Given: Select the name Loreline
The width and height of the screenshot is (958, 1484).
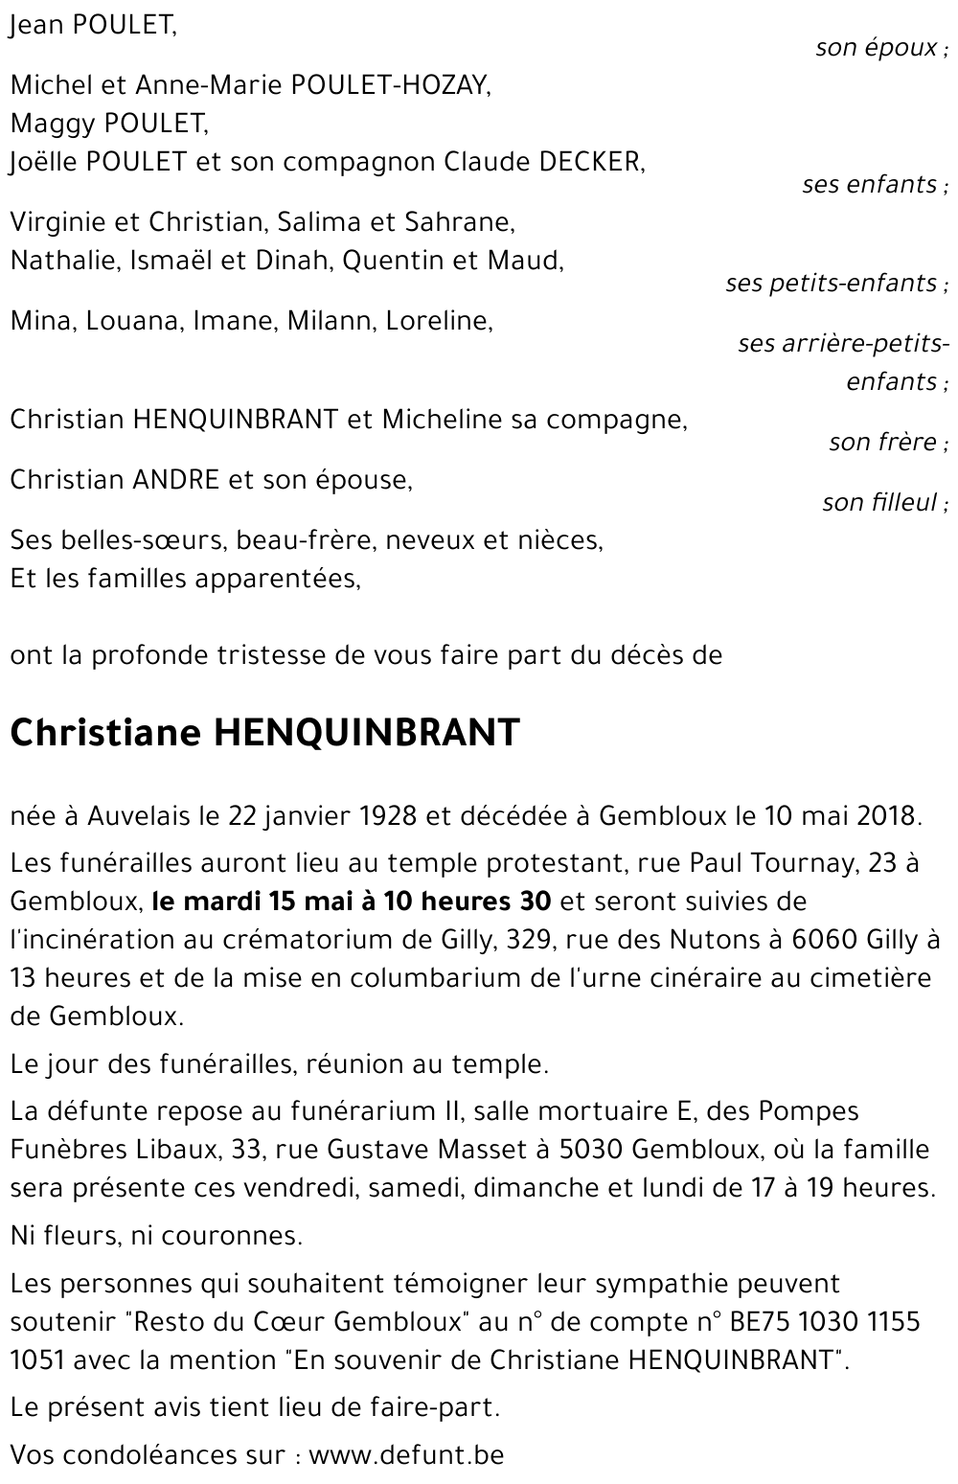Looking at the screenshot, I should tap(439, 321).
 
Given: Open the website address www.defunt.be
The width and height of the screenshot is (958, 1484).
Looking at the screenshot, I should tap(406, 1455).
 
